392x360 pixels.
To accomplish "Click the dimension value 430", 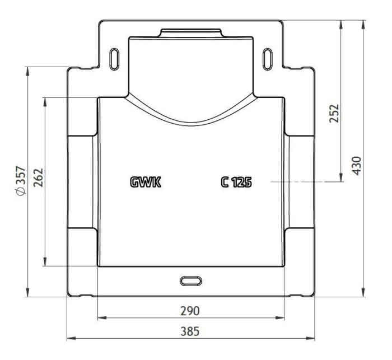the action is point(357,166).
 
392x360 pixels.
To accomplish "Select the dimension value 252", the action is point(334,113).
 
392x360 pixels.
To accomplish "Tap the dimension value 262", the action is point(38,177).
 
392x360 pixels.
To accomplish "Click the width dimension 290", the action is point(190,311).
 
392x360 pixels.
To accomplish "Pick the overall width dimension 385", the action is point(190,331).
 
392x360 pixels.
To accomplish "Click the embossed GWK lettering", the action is point(146,182).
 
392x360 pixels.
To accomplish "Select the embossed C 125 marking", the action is point(236,182).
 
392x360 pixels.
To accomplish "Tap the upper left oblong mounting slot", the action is point(114,59).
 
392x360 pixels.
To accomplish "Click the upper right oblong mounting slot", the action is point(267,59).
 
